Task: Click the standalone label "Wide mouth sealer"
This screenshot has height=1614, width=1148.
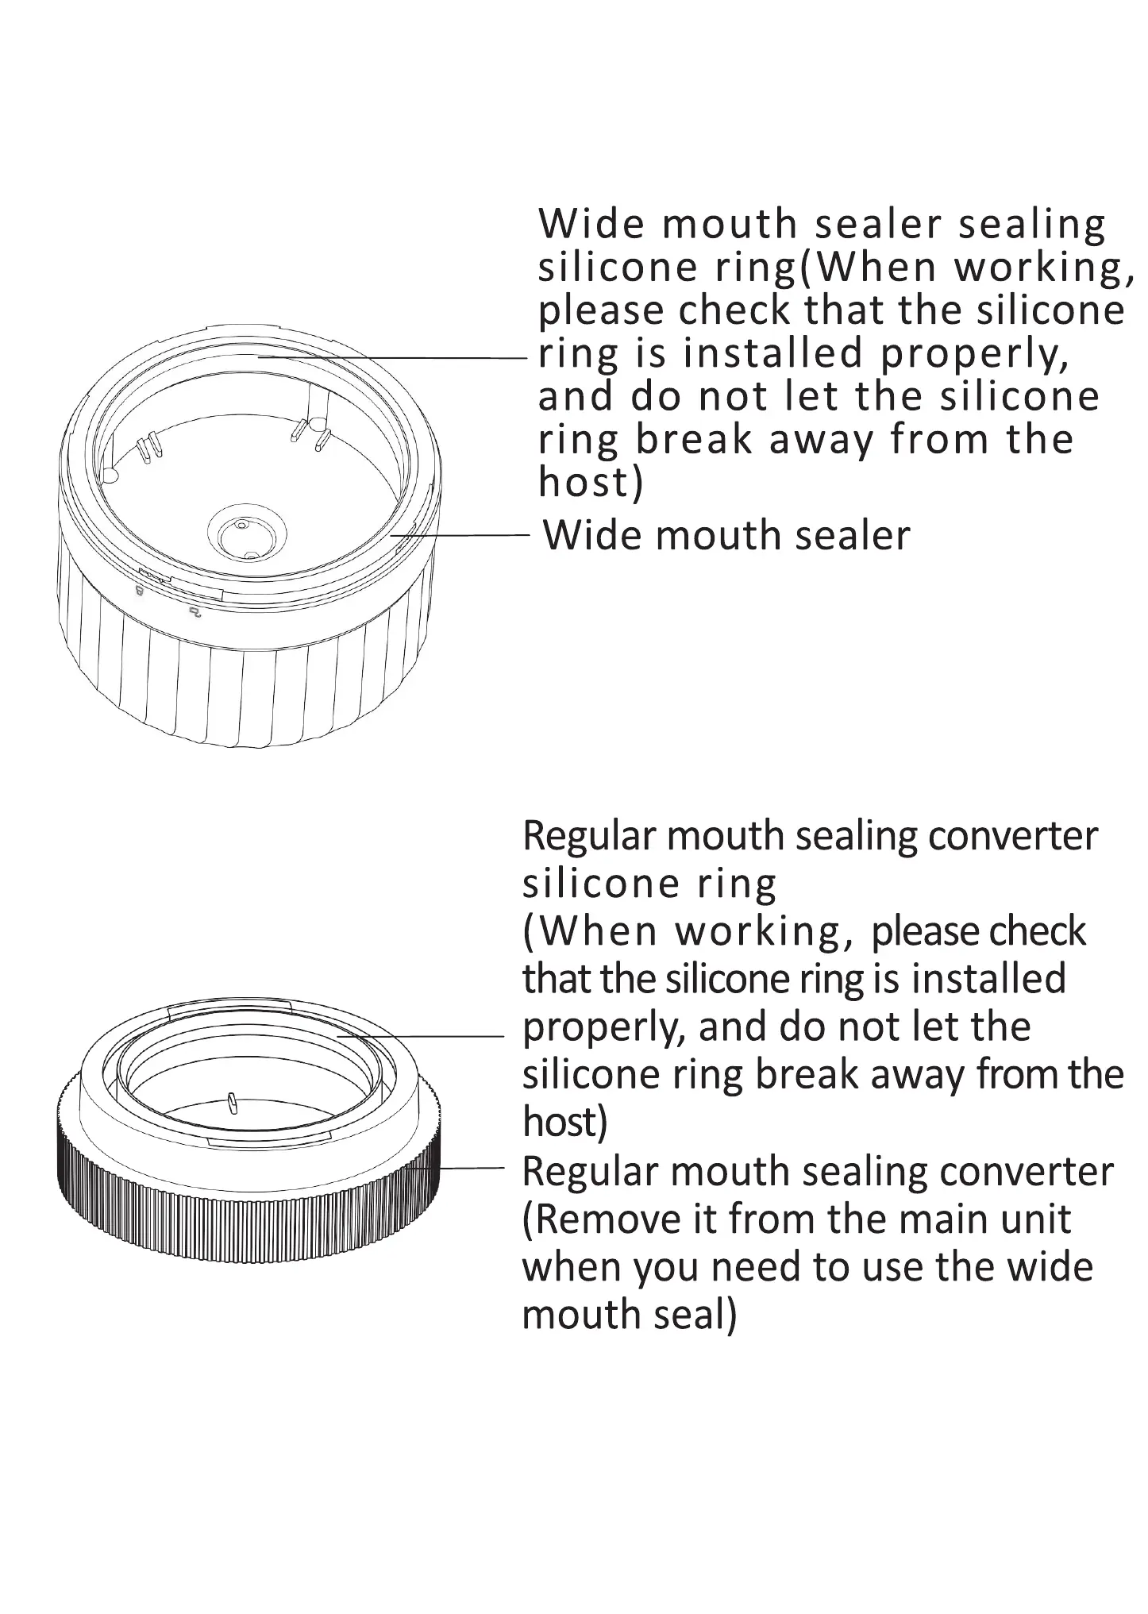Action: (726, 535)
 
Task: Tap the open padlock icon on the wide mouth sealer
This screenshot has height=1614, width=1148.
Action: (195, 611)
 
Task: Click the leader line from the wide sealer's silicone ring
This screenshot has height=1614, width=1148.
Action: (397, 357)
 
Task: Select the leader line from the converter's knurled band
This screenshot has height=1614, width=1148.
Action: (468, 1169)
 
